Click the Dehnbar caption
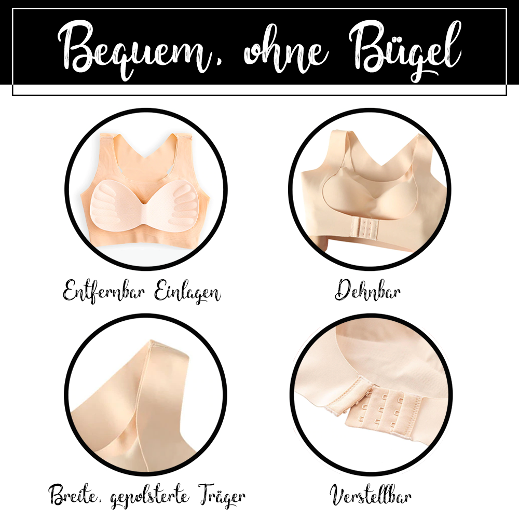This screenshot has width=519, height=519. (367, 291)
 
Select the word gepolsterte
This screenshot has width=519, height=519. (150, 497)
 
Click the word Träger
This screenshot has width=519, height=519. (220, 496)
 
